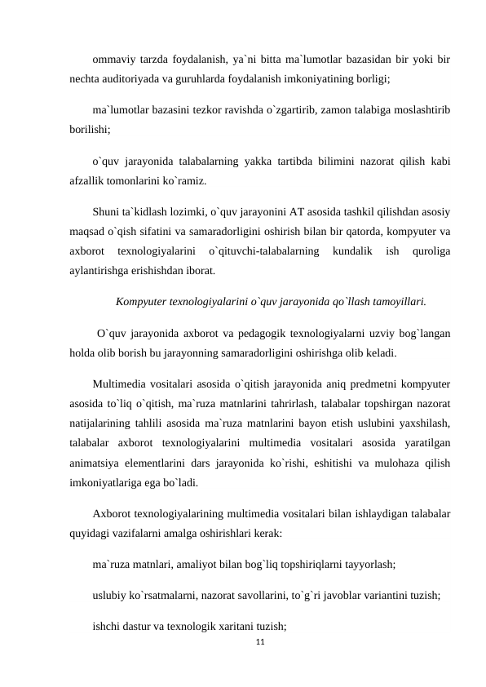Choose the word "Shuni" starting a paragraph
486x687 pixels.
(x=109, y=208)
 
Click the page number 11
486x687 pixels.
(x=260, y=644)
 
